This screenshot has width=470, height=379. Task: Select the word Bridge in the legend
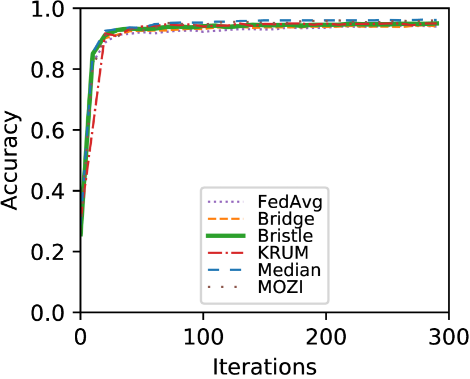coord(286,219)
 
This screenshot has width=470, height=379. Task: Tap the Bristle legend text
coord(285,236)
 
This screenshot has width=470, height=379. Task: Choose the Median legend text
coord(289,270)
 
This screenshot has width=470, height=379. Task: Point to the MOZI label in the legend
coord(280,287)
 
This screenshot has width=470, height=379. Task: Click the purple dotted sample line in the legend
coord(226,202)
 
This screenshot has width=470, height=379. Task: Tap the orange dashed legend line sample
coord(226,219)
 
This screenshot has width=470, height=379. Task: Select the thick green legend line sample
coord(226,236)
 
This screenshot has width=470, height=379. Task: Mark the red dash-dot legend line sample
coord(226,253)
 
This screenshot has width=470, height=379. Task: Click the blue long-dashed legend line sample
coord(226,270)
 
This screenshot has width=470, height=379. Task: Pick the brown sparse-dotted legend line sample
coord(226,287)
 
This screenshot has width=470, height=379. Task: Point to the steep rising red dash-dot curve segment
coord(95,113)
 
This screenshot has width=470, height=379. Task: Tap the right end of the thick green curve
coord(438,24)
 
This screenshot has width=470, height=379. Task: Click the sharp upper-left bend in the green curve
coord(92,54)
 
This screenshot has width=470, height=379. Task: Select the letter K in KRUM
coord(263,253)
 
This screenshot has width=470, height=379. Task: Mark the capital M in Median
coord(264,270)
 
